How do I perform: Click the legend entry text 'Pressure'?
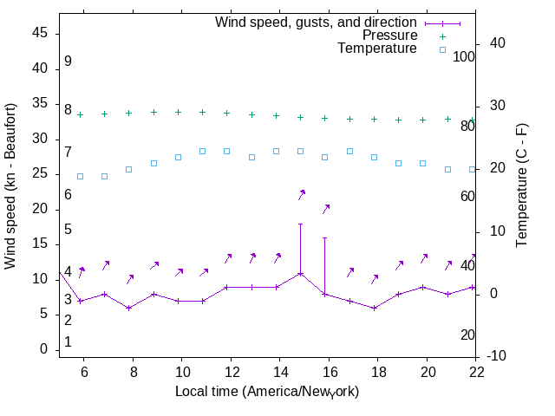point(389,36)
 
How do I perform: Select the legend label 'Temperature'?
point(377,49)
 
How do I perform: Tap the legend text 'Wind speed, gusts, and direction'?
point(316,22)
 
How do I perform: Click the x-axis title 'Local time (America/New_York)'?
point(267,391)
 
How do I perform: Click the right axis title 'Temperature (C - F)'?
point(522,185)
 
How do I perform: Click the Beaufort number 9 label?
point(68,62)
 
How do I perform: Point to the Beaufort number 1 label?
point(68,342)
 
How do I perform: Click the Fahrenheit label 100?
point(465,56)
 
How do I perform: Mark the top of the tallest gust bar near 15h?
point(301,224)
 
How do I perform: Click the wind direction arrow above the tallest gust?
point(302,194)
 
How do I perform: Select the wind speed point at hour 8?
point(128,308)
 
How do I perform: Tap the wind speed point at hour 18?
point(374,308)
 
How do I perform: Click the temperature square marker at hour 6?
point(80,176)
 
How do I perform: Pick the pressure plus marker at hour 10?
point(178,112)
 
